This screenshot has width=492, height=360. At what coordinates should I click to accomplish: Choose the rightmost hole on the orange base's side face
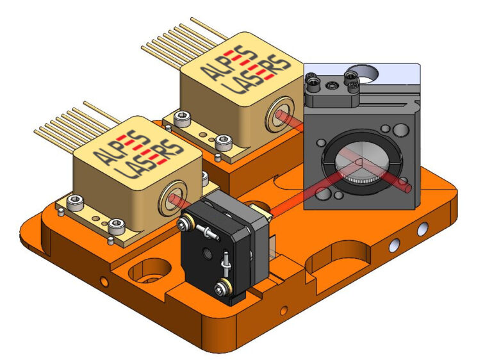tap(421, 229)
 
